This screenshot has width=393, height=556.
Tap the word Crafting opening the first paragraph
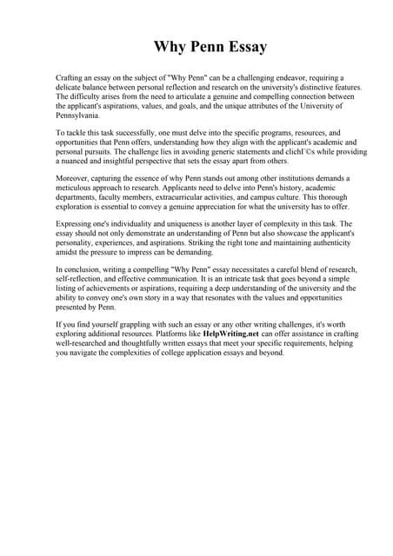[70, 78]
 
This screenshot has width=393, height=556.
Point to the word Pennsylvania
[83, 116]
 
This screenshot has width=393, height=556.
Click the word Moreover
[74, 179]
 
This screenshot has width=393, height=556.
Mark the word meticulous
[77, 189]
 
